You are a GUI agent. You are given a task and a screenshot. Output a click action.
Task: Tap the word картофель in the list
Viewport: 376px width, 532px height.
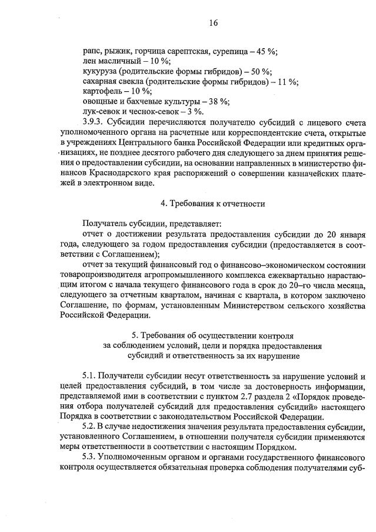[x=101, y=91]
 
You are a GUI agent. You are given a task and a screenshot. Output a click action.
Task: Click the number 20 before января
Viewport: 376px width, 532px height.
[x=331, y=234]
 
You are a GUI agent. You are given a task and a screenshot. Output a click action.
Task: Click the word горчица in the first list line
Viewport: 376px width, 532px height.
[x=152, y=51]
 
